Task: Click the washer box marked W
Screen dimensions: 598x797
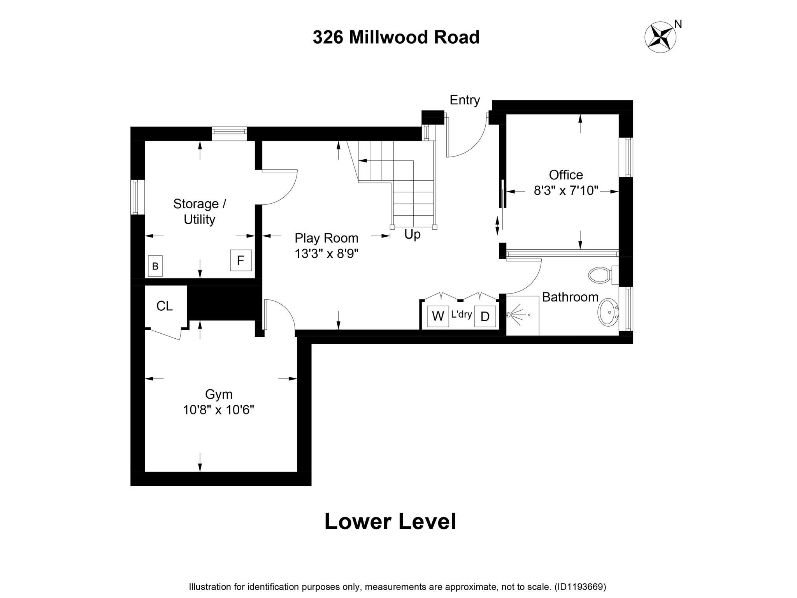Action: (x=438, y=316)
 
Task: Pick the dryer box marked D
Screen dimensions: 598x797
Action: (x=485, y=316)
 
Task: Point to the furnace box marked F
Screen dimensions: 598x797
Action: (x=241, y=260)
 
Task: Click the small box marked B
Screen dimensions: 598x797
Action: (x=155, y=266)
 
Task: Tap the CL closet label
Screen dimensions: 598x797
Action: (x=164, y=306)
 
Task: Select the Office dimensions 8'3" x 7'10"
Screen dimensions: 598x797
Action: (x=565, y=191)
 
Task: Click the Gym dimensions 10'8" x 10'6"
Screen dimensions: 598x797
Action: (x=218, y=410)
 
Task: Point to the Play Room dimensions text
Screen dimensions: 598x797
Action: (x=326, y=254)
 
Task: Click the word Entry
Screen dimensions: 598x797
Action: (x=465, y=100)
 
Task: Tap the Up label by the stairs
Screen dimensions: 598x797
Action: (x=412, y=234)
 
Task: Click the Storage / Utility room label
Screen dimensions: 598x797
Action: (x=199, y=211)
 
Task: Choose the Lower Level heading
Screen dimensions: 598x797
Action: (x=390, y=521)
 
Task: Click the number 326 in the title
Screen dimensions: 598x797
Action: (x=328, y=37)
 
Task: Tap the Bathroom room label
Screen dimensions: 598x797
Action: (x=570, y=297)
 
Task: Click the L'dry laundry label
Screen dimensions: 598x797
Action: (x=462, y=314)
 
